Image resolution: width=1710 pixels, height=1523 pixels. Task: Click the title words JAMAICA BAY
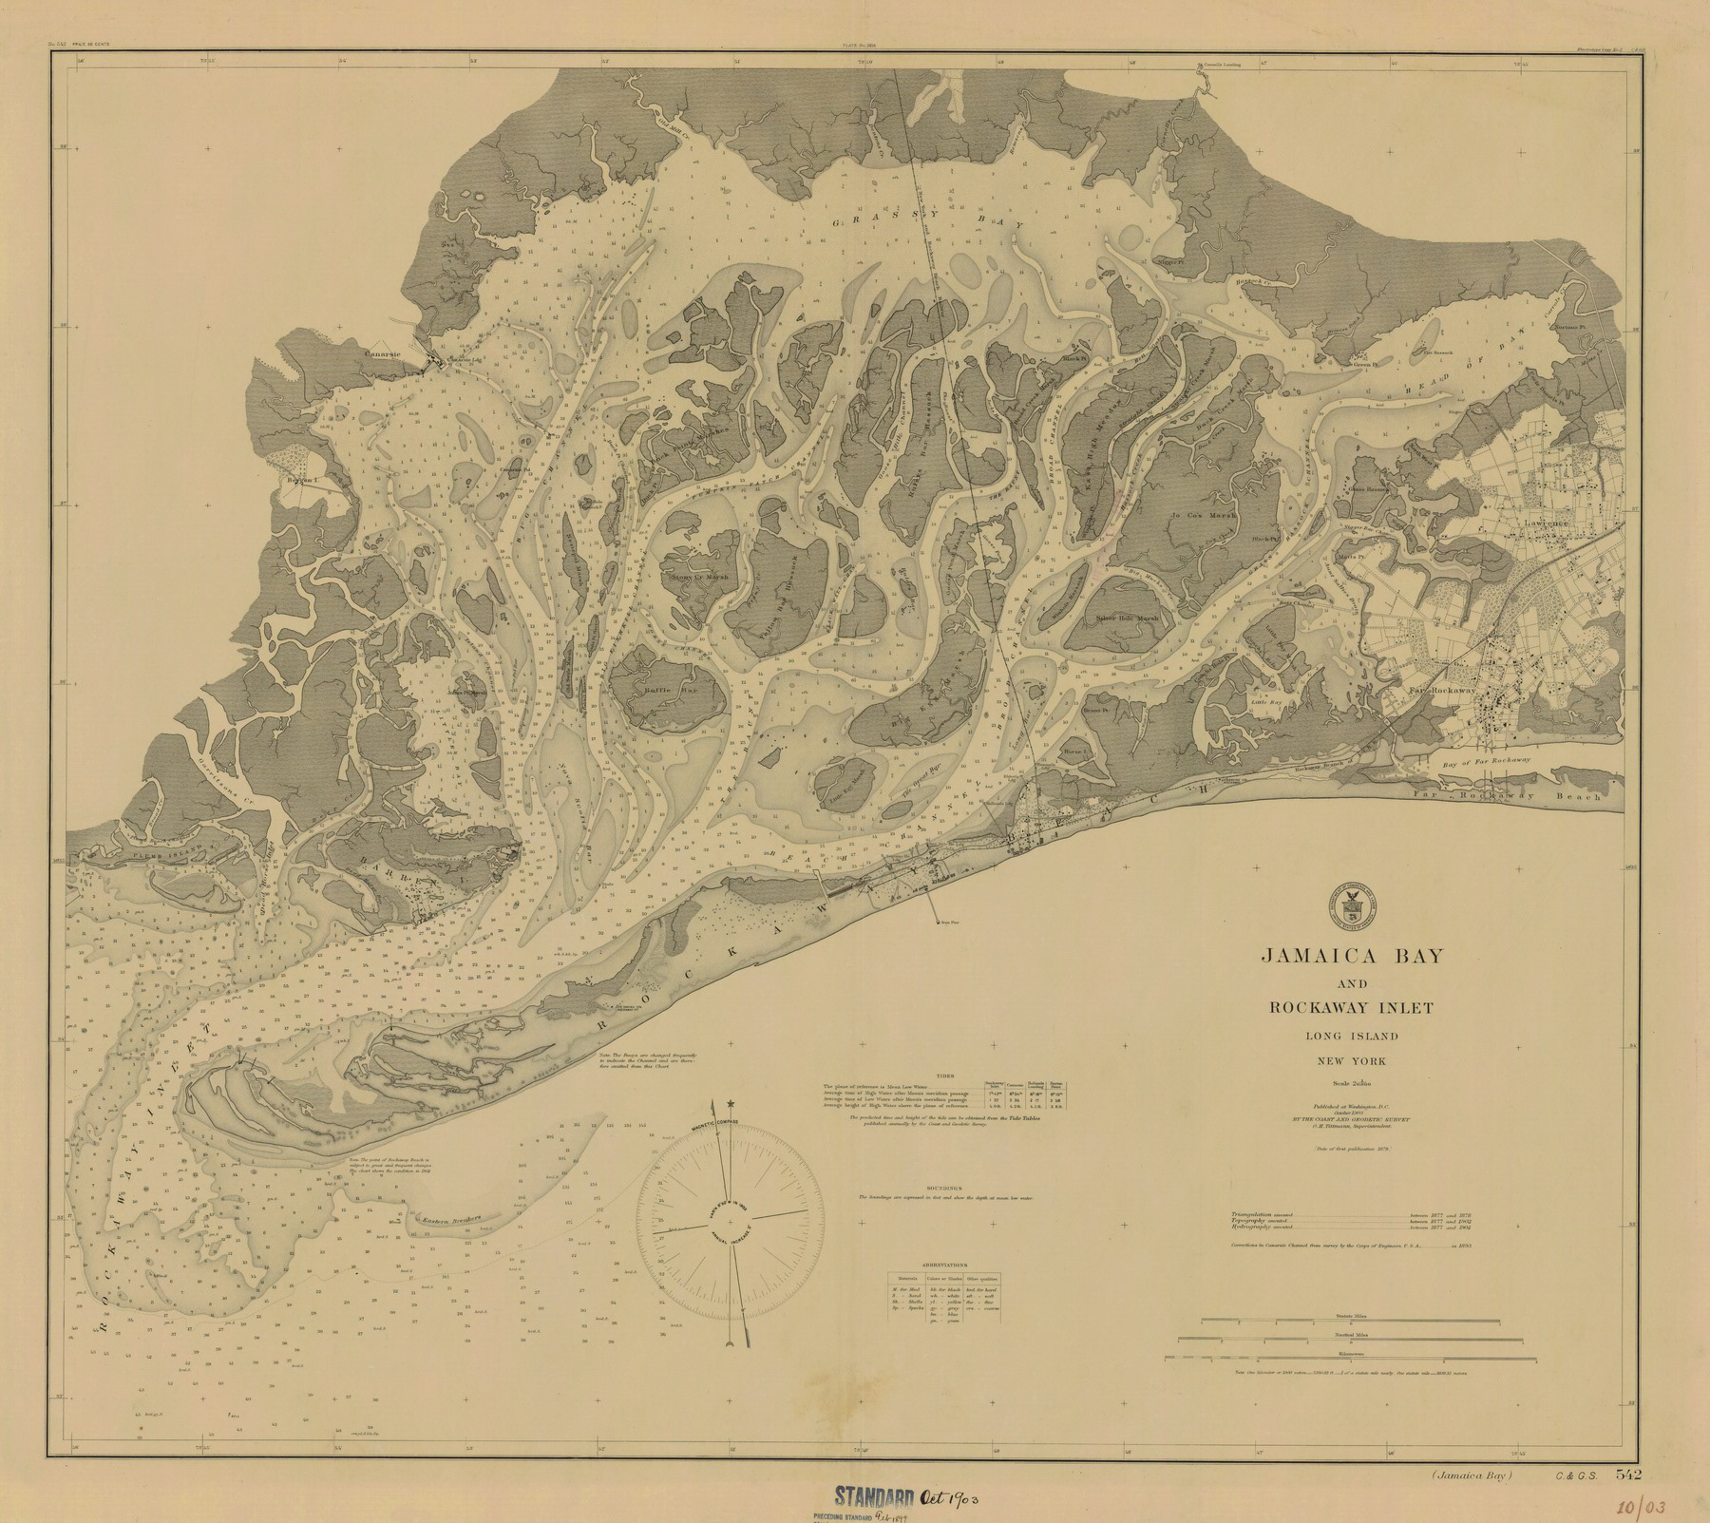tap(1346, 955)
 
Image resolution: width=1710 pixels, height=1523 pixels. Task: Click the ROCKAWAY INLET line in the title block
tap(1346, 1007)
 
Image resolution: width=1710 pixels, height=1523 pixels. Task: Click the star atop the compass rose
tap(730, 1103)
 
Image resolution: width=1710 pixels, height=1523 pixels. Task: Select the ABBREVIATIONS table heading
tap(948, 1266)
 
